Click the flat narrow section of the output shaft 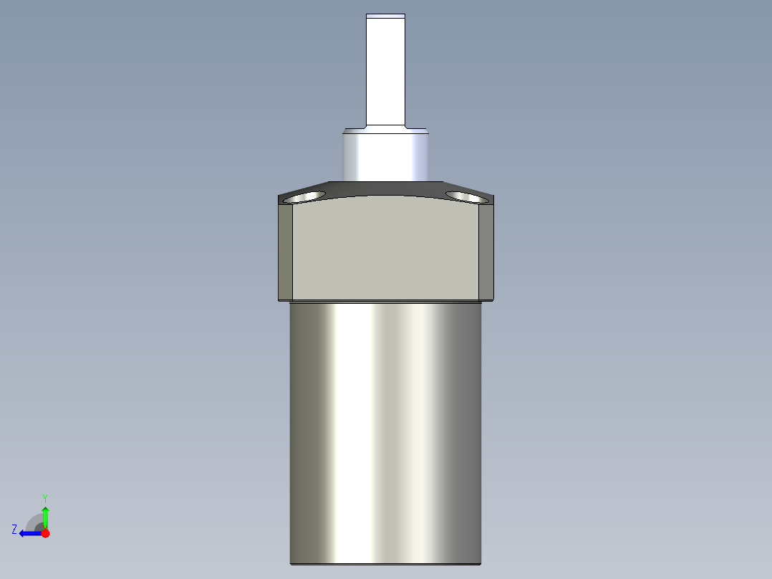(x=385, y=72)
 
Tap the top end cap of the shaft (x=385, y=16)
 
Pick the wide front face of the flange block (x=385, y=251)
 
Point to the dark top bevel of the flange (x=385, y=188)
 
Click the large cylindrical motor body (x=385, y=430)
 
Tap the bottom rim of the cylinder (x=385, y=563)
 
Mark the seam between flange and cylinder (x=385, y=301)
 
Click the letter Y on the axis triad (x=45, y=497)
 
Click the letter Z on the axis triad (x=14, y=530)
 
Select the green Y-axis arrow (x=45, y=515)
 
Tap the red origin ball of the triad (x=45, y=533)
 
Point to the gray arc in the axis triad (x=34, y=521)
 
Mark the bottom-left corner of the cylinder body (x=291, y=563)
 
